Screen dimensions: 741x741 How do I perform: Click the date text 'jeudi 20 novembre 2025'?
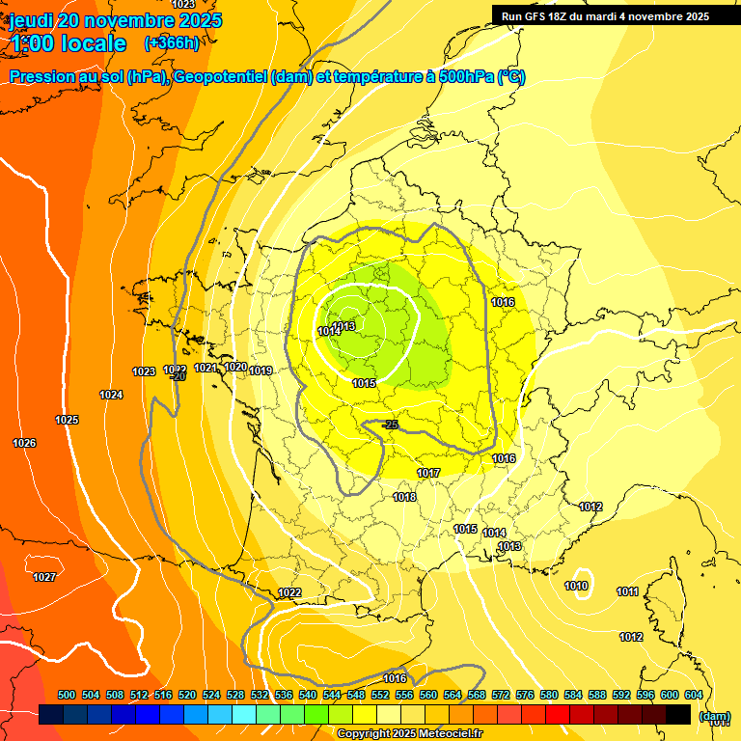tap(115, 20)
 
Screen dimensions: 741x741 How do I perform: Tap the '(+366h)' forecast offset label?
tap(172, 42)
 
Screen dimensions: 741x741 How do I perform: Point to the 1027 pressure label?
tap(44, 577)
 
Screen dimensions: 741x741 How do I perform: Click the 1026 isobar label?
tap(24, 443)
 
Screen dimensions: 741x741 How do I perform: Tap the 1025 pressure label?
tap(67, 420)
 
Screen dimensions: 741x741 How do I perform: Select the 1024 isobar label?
tap(111, 395)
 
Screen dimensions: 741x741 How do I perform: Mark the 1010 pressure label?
tap(577, 586)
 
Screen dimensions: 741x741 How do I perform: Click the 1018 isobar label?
tap(404, 497)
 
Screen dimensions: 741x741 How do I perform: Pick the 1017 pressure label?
tap(428, 473)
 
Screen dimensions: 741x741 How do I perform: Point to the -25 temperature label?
tap(390, 425)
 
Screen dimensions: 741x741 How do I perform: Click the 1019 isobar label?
tap(261, 370)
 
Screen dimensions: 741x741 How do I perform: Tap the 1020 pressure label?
tap(234, 367)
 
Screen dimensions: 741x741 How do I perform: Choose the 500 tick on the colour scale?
tap(67, 695)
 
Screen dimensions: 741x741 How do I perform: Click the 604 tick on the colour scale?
tap(694, 695)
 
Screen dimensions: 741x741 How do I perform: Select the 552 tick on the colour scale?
tap(380, 695)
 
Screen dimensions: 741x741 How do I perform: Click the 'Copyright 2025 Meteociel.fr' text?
tap(409, 734)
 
